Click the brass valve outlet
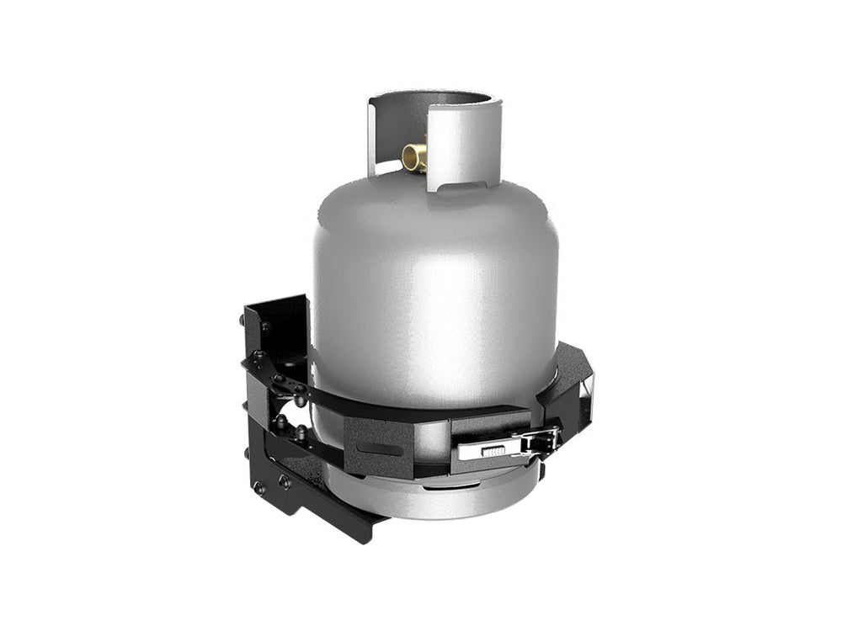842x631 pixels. pyautogui.click(x=414, y=156)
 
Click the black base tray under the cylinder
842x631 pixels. pyautogui.click(x=320, y=496)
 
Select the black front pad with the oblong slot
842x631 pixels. pyautogui.click(x=383, y=446)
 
